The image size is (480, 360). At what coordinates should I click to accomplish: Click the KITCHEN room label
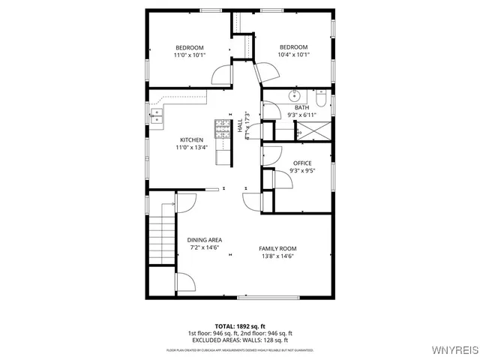[x=191, y=140]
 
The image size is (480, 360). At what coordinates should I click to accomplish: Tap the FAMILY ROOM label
[x=277, y=248]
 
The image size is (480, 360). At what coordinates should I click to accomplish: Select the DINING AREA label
[x=205, y=240]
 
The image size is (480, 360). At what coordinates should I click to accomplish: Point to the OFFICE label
[x=302, y=163]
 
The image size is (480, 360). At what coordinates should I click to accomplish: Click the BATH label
[x=301, y=107]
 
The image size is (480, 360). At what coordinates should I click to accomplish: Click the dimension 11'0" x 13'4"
[x=191, y=148]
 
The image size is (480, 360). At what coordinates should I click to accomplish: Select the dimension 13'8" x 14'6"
[x=277, y=256]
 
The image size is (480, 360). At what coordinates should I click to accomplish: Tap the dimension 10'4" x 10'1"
[x=293, y=55]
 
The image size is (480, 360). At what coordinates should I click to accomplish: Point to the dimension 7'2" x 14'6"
[x=205, y=247]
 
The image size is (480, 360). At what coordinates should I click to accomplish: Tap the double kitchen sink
[x=157, y=115]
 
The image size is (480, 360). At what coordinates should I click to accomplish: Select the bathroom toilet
[x=320, y=97]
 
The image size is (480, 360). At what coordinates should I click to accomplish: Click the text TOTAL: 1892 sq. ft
[x=240, y=326]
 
